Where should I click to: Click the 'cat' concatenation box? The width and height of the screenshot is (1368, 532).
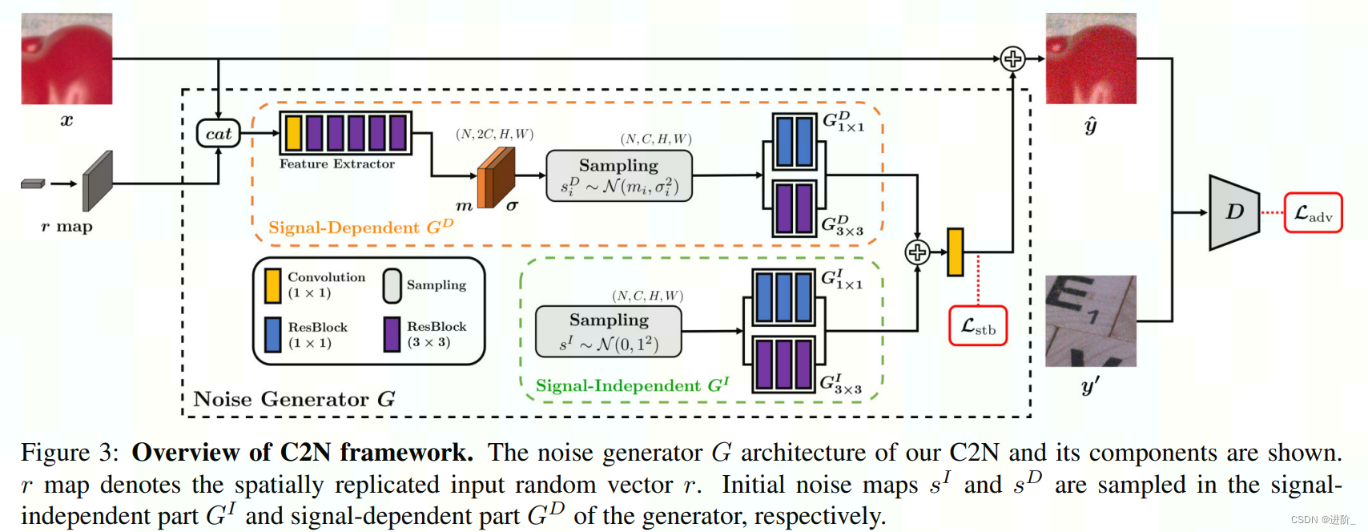[218, 134]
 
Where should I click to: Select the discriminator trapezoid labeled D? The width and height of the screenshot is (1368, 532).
[1233, 212]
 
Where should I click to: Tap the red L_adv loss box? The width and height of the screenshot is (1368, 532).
[1313, 213]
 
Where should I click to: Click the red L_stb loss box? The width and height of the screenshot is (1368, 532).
[977, 326]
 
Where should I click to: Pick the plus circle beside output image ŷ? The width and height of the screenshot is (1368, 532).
[1013, 58]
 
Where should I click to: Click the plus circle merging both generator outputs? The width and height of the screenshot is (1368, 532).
[917, 252]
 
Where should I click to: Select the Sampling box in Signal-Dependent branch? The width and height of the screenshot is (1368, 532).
[618, 175]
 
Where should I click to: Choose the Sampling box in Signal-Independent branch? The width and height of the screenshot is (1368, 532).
[609, 331]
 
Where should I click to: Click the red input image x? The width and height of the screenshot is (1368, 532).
[66, 58]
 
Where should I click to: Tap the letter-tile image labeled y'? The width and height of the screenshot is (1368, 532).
[1090, 321]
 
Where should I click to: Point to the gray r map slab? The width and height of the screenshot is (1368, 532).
[98, 181]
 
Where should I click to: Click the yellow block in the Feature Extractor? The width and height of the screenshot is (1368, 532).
[293, 133]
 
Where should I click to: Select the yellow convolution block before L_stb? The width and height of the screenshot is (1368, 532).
[955, 252]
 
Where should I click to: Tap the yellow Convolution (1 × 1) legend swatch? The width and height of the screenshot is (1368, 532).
[272, 286]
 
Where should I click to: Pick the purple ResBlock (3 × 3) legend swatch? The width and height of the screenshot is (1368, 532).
[392, 335]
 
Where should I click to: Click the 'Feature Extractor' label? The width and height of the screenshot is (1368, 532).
[336, 164]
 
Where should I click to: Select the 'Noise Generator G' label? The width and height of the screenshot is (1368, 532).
[294, 399]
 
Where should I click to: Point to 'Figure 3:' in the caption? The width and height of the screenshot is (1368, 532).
[70, 453]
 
